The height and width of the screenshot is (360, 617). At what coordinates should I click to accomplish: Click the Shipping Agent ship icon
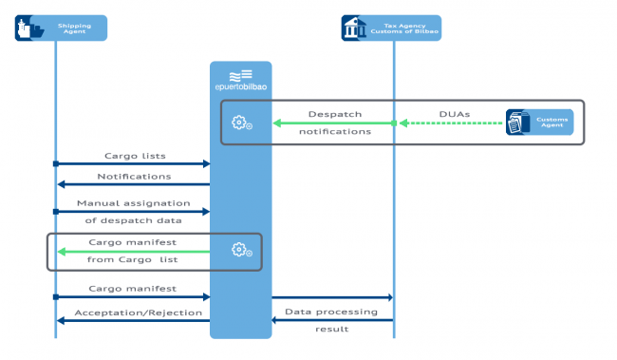point(29,28)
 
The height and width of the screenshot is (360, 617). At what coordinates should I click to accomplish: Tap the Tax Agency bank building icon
point(356,28)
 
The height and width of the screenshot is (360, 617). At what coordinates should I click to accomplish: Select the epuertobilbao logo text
point(240,86)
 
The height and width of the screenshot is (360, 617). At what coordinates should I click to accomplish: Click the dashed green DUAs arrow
point(451,123)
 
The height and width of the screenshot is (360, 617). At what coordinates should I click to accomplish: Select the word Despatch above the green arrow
point(335,113)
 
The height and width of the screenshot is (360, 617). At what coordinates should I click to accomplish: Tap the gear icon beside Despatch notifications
point(241,123)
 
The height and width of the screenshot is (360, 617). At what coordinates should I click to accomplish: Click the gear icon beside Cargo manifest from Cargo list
point(241,251)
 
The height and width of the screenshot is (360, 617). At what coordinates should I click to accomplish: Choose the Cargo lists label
point(131,155)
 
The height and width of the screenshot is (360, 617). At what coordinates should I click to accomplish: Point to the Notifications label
point(133,176)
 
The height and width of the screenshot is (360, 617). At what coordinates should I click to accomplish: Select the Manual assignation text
point(133,202)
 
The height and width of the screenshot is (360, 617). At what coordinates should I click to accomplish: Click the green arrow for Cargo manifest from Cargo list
point(133,252)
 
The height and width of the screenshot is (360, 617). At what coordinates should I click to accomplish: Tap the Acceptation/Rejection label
point(138,312)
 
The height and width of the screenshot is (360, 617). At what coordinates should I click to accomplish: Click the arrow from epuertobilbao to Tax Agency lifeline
point(332,298)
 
